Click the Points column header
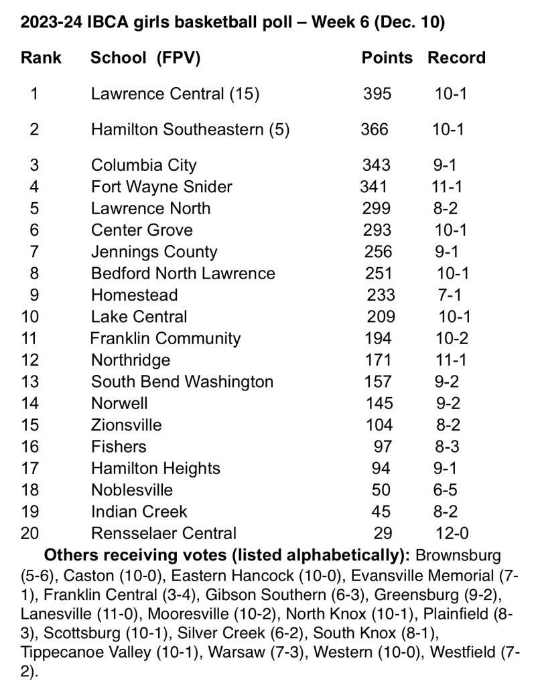[387, 58]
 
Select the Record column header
[456, 58]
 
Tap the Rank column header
[41, 58]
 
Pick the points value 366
[374, 129]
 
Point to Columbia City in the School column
[143, 165]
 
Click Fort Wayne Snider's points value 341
[373, 186]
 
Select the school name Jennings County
[153, 252]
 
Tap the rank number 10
[32, 316]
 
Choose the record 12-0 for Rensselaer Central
[450, 533]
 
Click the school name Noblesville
[131, 490]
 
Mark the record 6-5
[445, 490]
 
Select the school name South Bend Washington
[182, 382]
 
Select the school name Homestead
[134, 295]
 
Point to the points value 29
[382, 533]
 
